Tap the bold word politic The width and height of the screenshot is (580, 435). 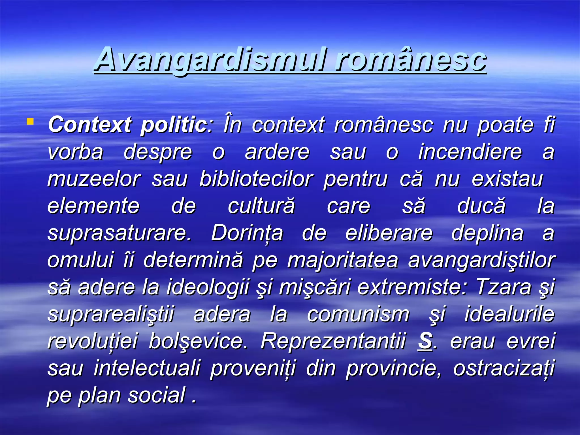[x=174, y=125]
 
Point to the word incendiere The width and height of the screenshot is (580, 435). [x=470, y=152]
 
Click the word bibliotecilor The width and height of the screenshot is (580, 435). [x=256, y=179]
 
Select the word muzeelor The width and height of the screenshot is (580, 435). [x=94, y=179]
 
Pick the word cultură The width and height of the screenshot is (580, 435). [x=261, y=206]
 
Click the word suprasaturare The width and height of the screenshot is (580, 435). [x=119, y=233]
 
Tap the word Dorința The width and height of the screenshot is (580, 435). [x=247, y=233]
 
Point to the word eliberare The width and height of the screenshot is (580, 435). [x=389, y=233]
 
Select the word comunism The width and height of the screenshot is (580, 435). [x=358, y=314]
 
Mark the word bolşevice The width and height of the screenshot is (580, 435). [x=198, y=341]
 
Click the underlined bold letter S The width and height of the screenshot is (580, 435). [x=425, y=341]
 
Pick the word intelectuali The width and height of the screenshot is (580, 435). [x=147, y=368]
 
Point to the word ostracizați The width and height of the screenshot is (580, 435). [x=504, y=368]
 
